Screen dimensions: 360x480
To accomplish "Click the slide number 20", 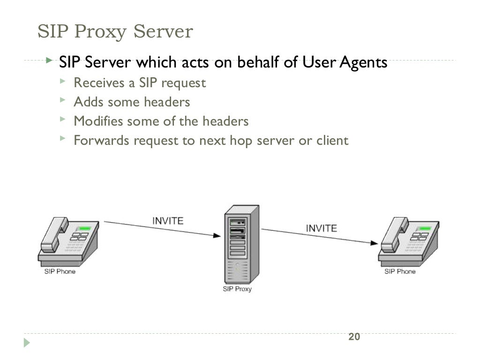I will [354, 337].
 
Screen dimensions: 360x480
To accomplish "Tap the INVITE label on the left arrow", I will [167, 220].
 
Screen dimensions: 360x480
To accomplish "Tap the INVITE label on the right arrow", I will [321, 228].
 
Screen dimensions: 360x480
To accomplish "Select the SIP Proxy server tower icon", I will [241, 244].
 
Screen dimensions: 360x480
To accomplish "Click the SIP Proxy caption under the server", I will [237, 289].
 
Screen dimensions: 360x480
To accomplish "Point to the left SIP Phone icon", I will [68, 240].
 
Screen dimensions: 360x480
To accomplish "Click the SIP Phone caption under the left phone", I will [60, 271].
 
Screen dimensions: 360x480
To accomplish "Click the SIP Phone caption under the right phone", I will [399, 271].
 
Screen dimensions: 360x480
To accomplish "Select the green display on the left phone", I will [84, 229].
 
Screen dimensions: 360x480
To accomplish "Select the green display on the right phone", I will [425, 229].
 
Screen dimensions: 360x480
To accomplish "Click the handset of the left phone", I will [53, 234].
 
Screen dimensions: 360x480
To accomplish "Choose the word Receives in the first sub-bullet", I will [96, 83].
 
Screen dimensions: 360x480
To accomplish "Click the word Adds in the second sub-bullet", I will [88, 102].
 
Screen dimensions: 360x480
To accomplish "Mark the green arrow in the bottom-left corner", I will [27, 343].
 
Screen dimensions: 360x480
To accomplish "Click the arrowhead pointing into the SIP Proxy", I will [219, 235].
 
